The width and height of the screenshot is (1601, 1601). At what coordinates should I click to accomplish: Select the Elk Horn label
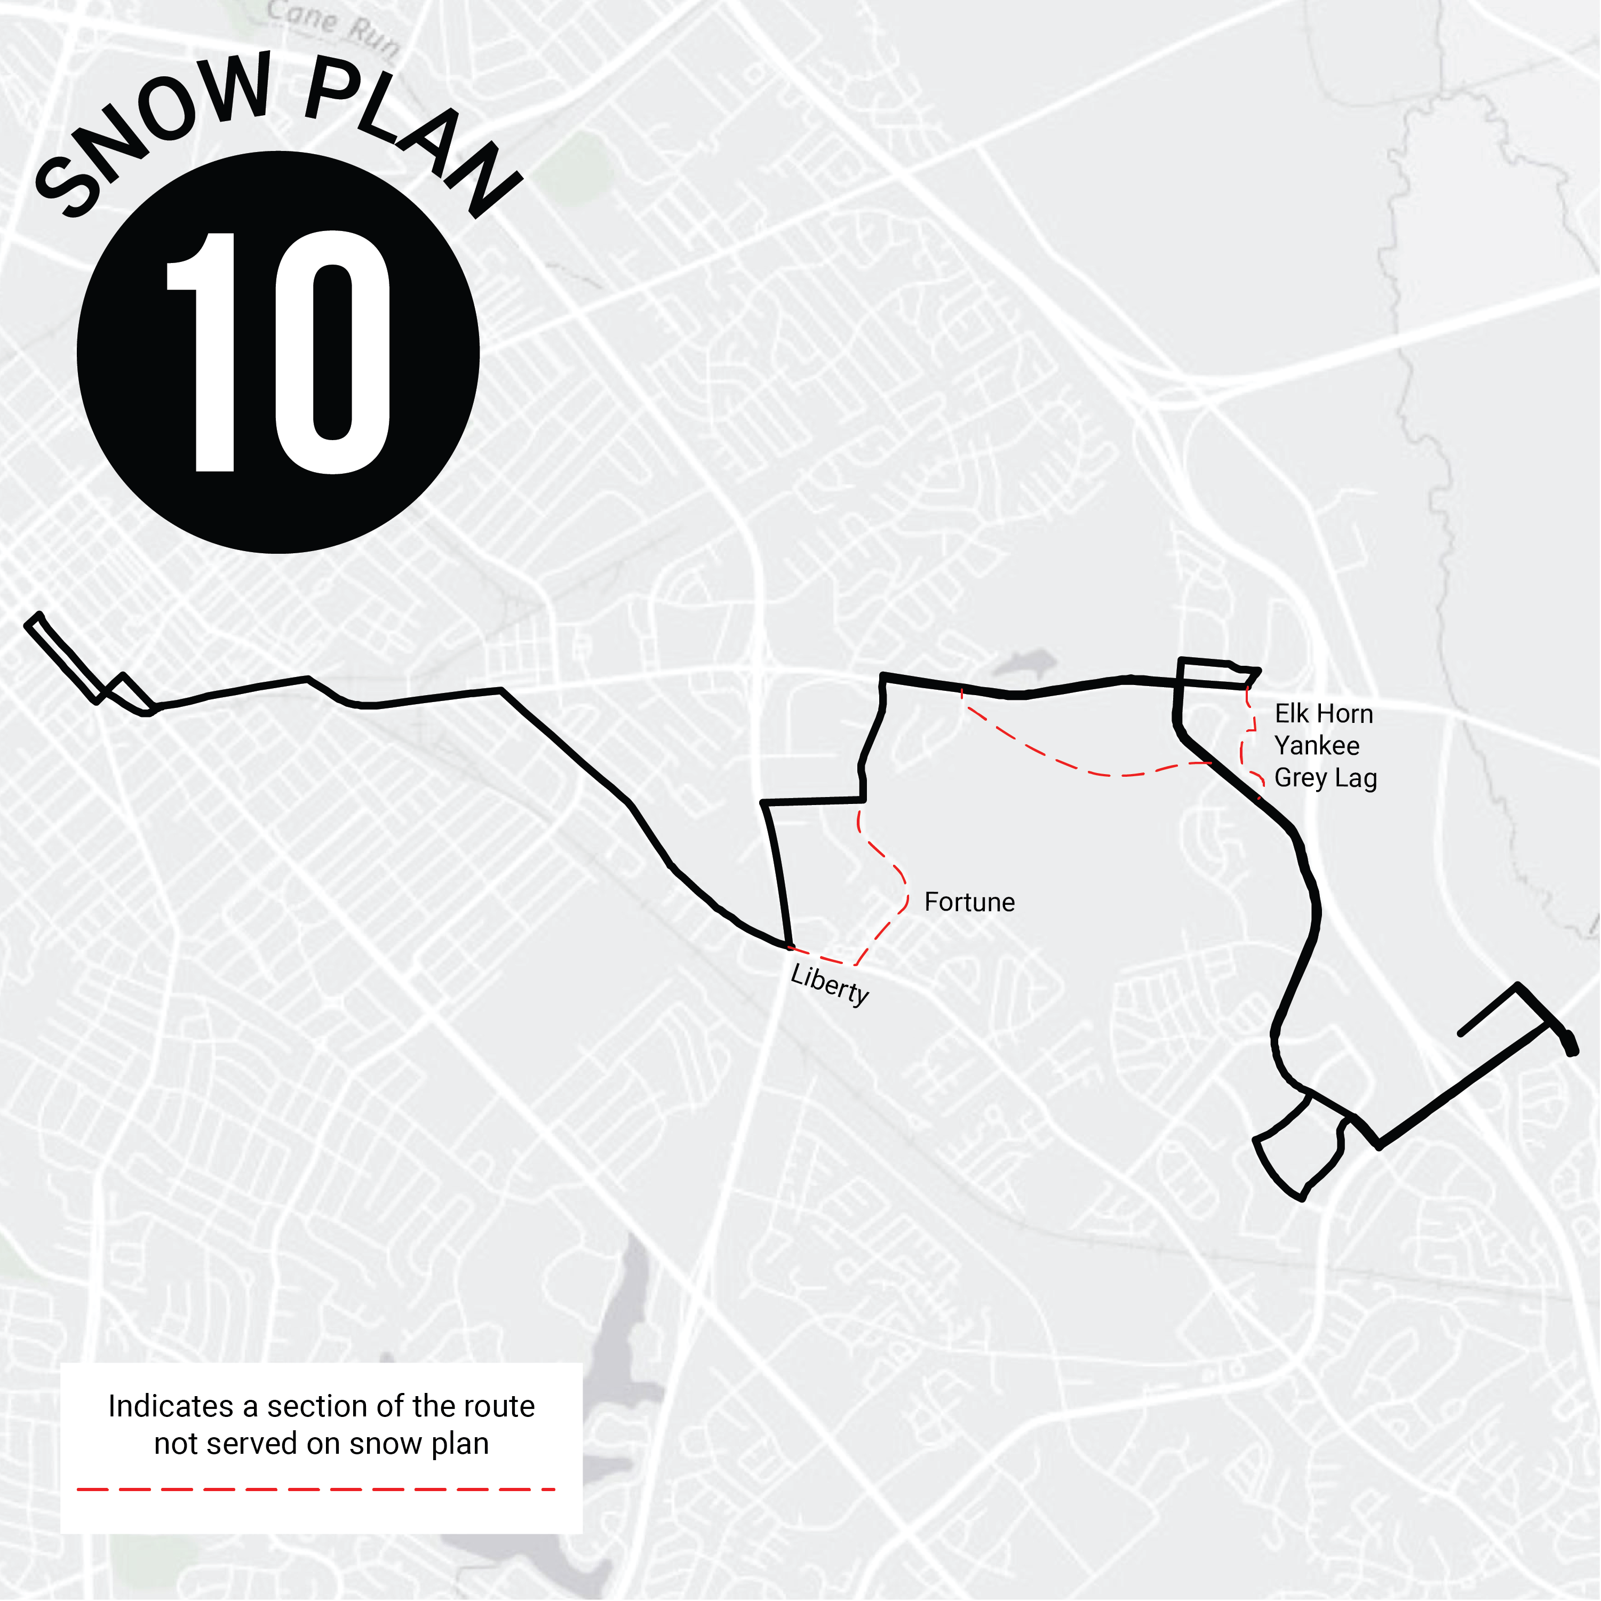[1324, 713]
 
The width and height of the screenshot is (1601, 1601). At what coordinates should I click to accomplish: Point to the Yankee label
[1316, 746]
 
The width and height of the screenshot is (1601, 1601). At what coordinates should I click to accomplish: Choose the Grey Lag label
[1325, 778]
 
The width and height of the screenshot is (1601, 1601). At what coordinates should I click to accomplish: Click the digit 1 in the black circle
[204, 352]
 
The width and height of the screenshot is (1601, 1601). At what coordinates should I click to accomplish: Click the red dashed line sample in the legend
[315, 1489]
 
